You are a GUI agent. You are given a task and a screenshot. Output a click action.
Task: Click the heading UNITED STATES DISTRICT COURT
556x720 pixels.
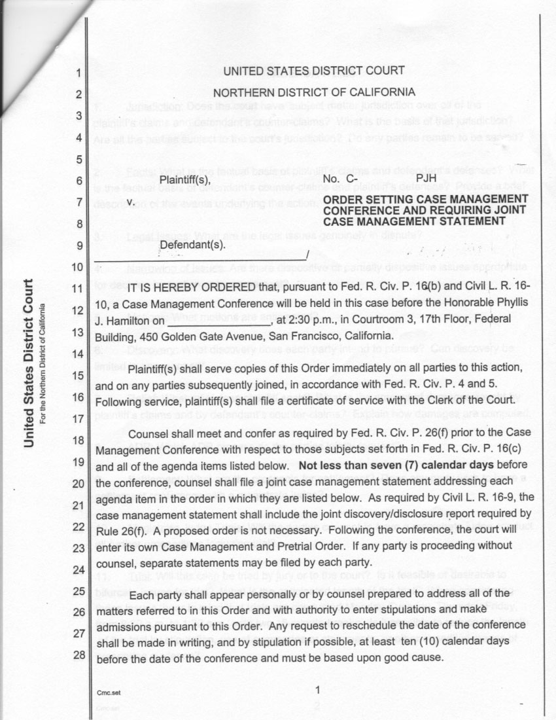[x=314, y=71]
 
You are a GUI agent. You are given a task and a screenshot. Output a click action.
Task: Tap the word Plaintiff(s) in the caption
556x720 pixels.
[x=185, y=179]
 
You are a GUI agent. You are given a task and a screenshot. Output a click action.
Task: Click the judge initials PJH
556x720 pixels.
[x=426, y=177]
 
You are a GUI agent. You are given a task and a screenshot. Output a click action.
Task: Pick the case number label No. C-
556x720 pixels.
[x=340, y=178]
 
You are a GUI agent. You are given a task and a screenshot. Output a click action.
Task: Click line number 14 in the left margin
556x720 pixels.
[x=77, y=354]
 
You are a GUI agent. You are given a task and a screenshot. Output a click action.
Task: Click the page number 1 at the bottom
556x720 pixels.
[x=317, y=690]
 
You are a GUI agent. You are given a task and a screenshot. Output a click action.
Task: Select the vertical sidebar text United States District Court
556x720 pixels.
[x=29, y=364]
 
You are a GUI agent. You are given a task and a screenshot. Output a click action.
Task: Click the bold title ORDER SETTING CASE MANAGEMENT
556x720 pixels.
[x=425, y=199]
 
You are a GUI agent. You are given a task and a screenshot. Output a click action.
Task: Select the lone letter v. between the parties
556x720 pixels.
[x=131, y=202]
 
